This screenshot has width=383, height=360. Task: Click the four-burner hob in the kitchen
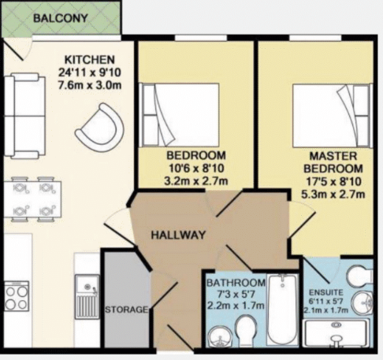pyautogui.click(x=17, y=296)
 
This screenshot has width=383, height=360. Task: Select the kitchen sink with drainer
pyautogui.click(x=87, y=295)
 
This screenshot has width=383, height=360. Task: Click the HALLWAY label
pyautogui.click(x=179, y=235)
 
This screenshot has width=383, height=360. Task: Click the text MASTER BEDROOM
pyautogui.click(x=336, y=162)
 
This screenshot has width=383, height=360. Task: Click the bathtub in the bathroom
pyautogui.click(x=281, y=310)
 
